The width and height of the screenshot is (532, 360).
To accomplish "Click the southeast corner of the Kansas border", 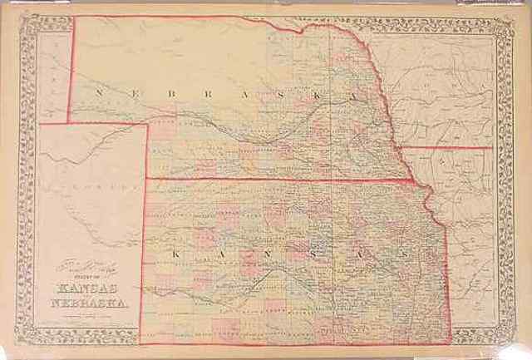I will [451, 342].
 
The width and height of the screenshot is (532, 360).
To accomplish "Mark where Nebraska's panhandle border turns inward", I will [149, 122].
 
